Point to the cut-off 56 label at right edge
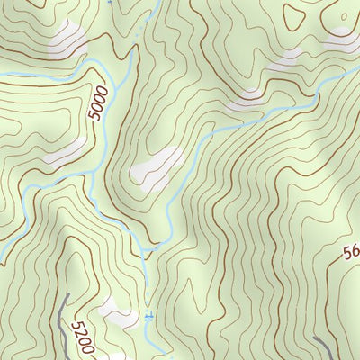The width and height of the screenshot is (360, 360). point(351,255)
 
